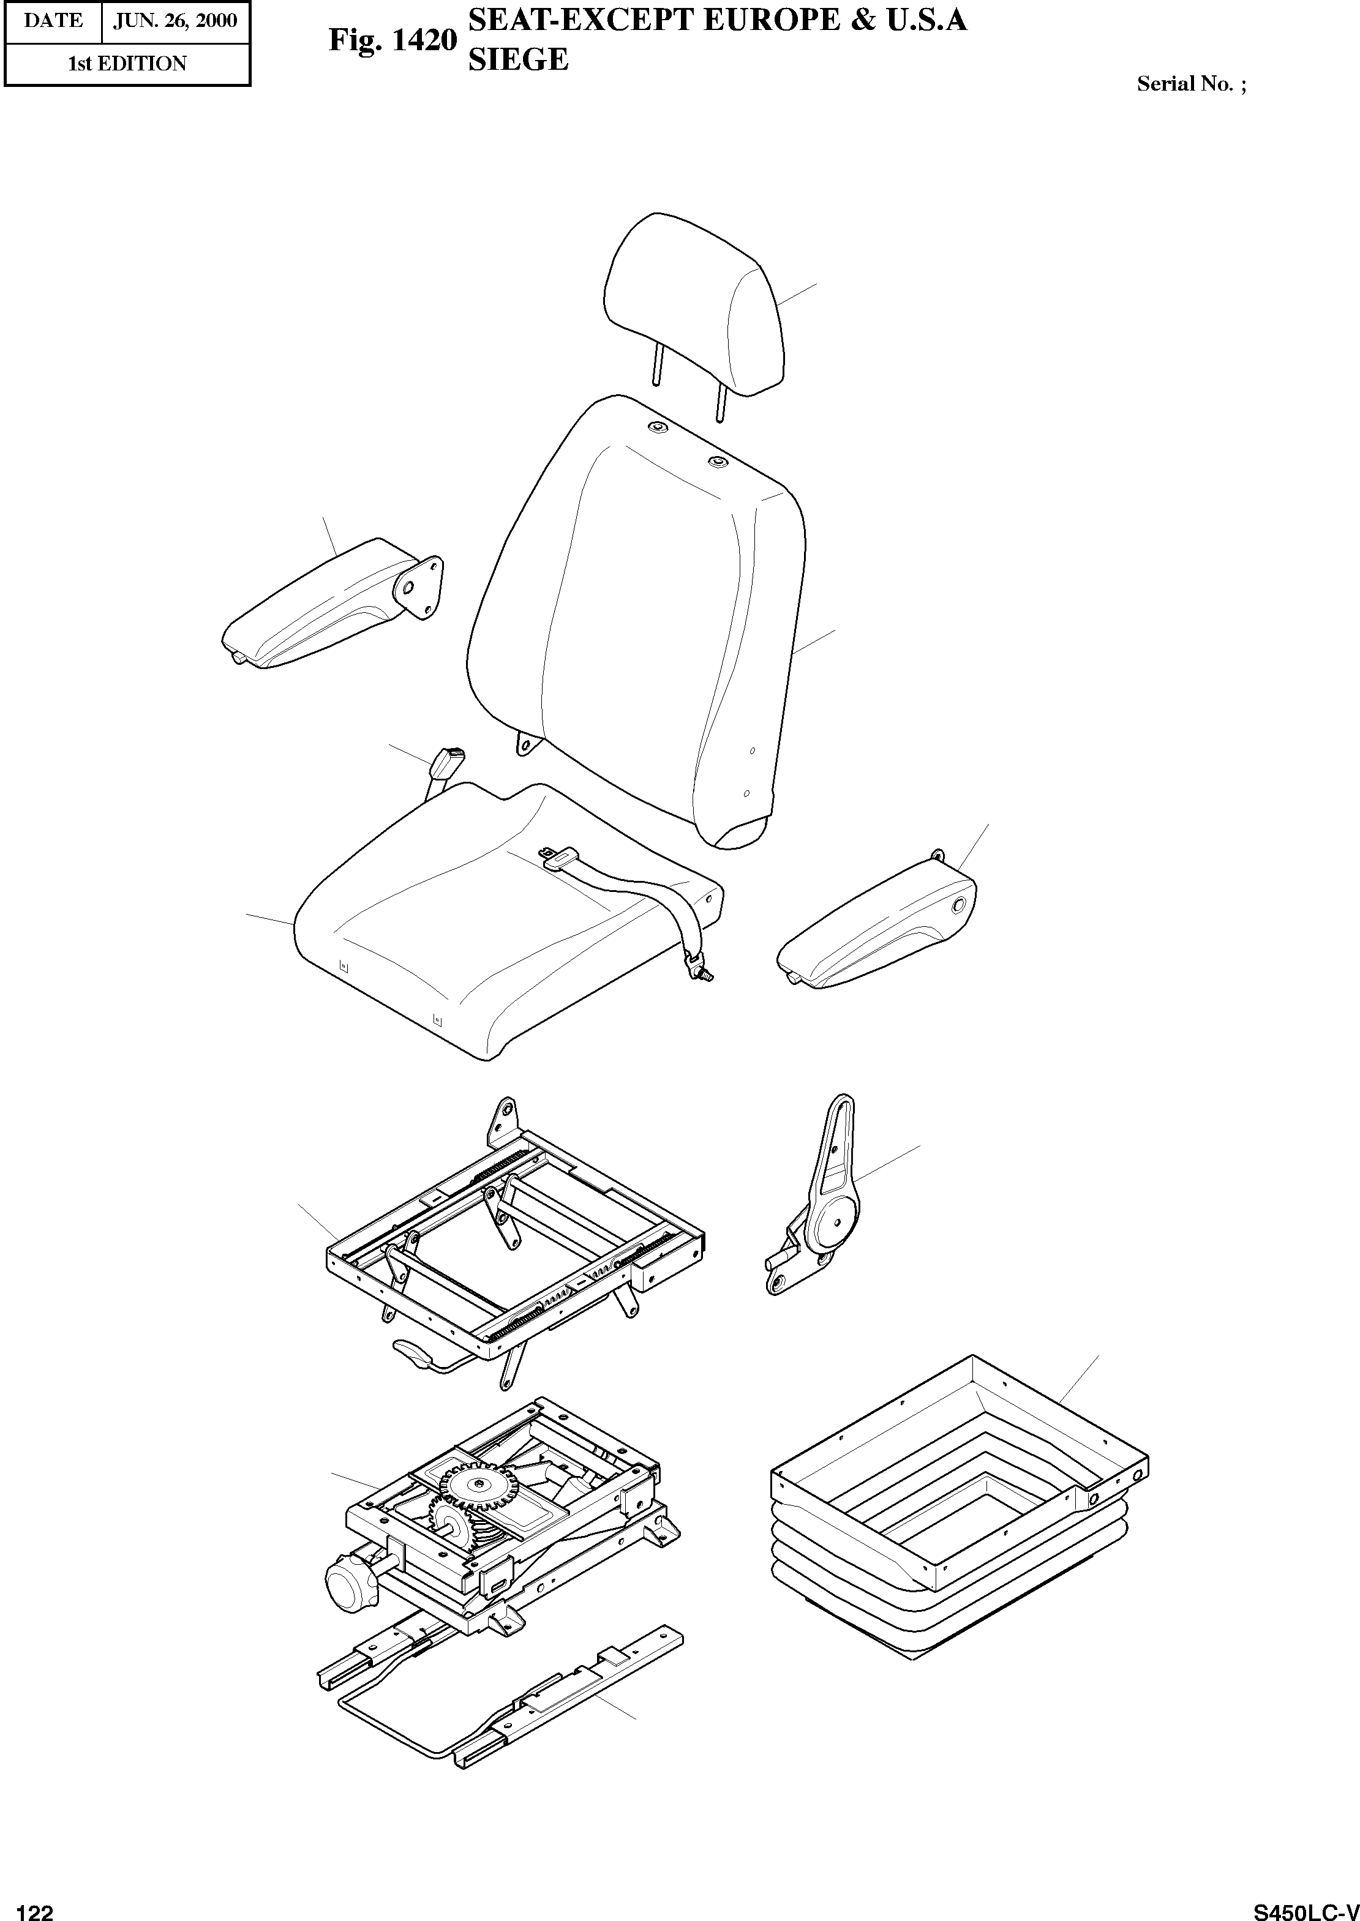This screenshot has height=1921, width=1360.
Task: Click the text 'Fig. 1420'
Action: [x=392, y=40]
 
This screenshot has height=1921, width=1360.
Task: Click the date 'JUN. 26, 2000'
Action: [x=175, y=21]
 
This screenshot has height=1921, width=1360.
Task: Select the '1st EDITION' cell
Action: [x=127, y=64]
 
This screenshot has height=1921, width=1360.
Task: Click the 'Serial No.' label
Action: [x=1190, y=84]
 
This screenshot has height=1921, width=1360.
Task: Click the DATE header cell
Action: [x=53, y=21]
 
